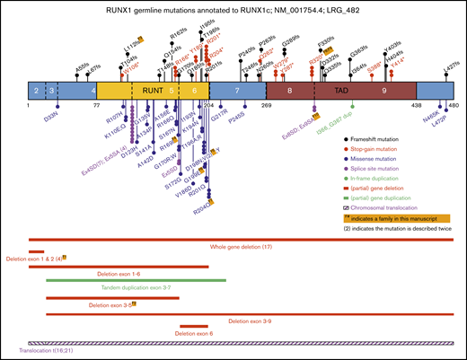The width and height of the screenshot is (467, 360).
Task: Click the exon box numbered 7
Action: (x=235, y=91)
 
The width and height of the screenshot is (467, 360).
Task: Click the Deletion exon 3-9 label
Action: (x=252, y=320)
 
